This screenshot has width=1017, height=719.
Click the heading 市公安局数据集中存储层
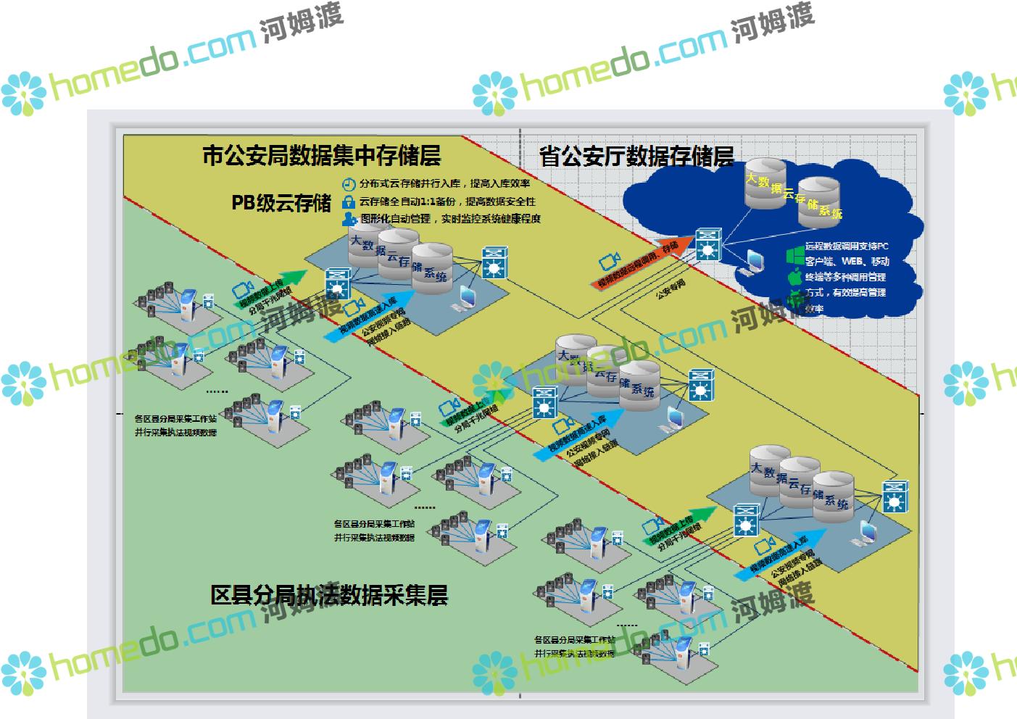click(x=321, y=156)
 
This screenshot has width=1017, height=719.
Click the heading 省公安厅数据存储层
click(x=636, y=157)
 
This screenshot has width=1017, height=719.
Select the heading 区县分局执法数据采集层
click(x=329, y=595)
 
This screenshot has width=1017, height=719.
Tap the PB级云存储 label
click(x=281, y=203)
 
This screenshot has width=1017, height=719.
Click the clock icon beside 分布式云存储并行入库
click(x=349, y=183)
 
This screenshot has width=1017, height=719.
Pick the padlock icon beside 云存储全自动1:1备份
click(x=349, y=201)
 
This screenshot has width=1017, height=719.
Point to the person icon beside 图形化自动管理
click(x=349, y=218)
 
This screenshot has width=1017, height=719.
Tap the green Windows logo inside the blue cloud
click(x=795, y=255)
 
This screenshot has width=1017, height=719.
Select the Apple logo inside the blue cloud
click(x=794, y=278)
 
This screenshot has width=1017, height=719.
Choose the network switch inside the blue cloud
click(x=706, y=245)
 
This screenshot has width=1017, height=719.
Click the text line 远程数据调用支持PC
click(x=847, y=246)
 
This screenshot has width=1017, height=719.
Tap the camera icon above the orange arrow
click(x=609, y=262)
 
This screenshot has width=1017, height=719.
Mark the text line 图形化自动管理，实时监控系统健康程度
click(x=449, y=218)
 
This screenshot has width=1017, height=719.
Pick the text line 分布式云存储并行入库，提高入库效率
click(x=444, y=183)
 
